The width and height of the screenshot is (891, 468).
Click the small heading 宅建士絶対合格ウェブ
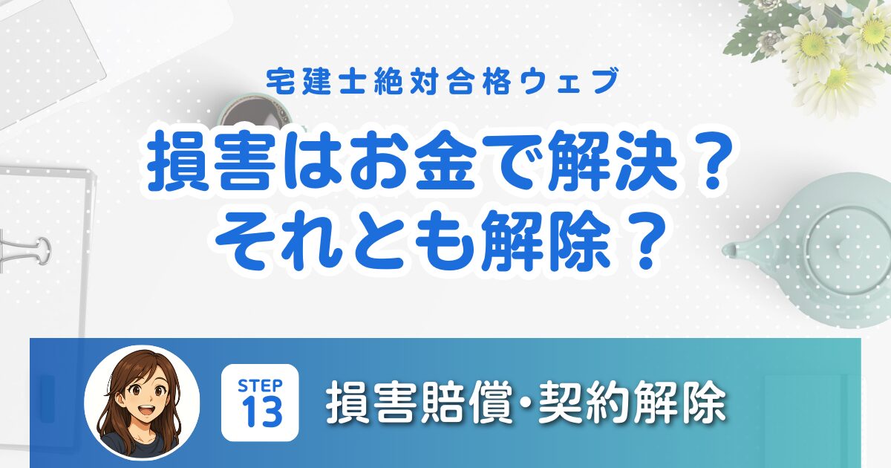click(443, 82)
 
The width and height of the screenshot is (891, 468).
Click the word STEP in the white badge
click(260, 386)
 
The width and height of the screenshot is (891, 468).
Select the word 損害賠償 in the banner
click(419, 403)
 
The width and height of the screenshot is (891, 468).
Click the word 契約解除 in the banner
click(633, 403)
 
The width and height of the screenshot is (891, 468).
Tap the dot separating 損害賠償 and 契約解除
click(525, 403)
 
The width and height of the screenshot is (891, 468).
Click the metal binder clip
click(24, 249)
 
